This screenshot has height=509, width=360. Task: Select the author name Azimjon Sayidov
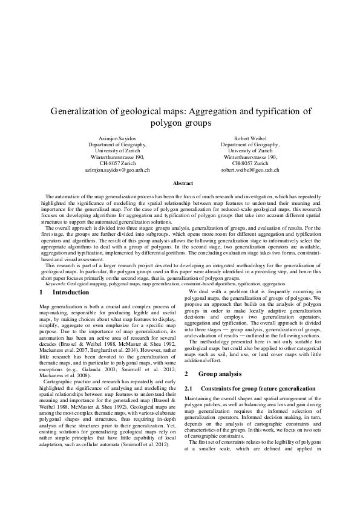point(117,139)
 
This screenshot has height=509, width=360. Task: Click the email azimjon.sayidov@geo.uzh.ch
point(117,170)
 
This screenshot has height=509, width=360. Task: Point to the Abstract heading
point(183,183)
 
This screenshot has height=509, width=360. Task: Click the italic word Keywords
point(55,283)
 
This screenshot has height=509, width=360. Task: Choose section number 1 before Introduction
point(33,292)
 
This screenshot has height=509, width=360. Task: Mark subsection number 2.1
point(188,371)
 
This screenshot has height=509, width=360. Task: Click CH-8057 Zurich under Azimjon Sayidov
point(117,163)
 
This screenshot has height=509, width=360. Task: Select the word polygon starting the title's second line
point(165,123)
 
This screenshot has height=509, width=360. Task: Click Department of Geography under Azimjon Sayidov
point(117,146)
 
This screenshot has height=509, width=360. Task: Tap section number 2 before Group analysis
point(187,358)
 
